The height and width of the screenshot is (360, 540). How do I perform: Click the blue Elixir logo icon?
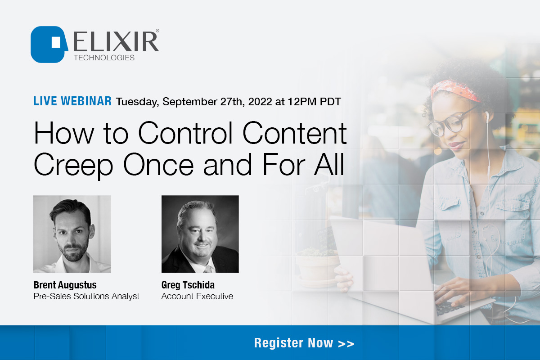coord(49,44)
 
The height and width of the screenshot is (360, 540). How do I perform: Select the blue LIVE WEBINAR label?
coord(72,101)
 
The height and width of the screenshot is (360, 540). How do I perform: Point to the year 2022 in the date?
coord(256,102)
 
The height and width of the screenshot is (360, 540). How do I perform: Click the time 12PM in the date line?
coord(299,102)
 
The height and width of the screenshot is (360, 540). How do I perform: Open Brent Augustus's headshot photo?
coord(72,234)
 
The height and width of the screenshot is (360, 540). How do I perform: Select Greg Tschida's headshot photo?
coord(200,234)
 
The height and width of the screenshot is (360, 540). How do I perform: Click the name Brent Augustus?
coord(65,285)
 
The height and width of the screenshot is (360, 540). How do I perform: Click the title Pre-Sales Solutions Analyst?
coord(86,297)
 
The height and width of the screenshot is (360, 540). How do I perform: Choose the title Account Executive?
coord(197,297)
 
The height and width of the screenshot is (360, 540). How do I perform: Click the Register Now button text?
coord(304,343)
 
